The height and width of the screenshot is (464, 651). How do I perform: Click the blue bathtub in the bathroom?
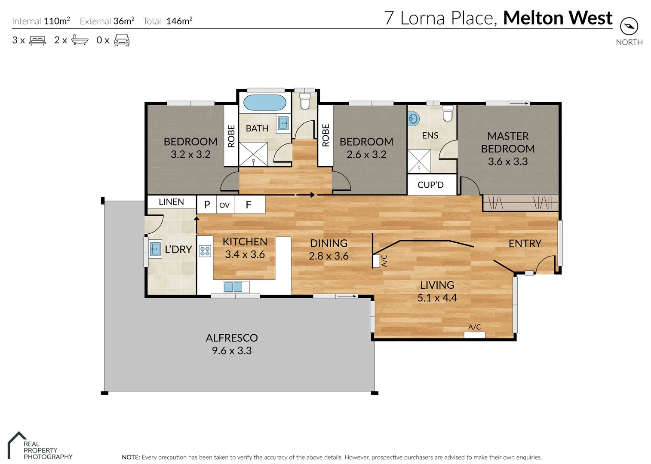click(264, 103)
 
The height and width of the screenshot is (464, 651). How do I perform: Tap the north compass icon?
click(629, 27)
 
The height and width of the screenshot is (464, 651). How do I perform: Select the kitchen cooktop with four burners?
click(205, 251)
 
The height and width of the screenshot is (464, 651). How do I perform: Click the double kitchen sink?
click(233, 287)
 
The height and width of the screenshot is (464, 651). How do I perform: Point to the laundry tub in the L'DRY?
click(155, 249)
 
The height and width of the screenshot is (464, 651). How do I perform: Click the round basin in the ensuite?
click(414, 119)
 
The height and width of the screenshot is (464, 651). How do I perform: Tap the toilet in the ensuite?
click(448, 114)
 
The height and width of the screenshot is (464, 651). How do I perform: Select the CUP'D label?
click(430, 185)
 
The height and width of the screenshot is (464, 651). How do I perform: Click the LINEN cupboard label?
click(171, 202)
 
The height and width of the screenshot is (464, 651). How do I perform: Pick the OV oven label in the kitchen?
click(224, 205)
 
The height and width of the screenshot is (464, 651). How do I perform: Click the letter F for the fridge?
click(248, 205)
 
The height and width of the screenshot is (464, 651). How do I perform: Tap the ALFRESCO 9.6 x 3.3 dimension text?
click(232, 351)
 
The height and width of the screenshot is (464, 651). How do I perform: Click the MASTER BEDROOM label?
click(508, 142)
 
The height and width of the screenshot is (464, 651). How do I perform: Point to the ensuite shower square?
click(419, 161)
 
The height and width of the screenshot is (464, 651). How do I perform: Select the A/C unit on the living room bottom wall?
click(475, 334)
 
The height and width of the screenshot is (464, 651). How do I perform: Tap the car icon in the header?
click(122, 40)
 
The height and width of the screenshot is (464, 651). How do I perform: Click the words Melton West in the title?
click(558, 18)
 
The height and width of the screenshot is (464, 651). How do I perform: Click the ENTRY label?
click(525, 244)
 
